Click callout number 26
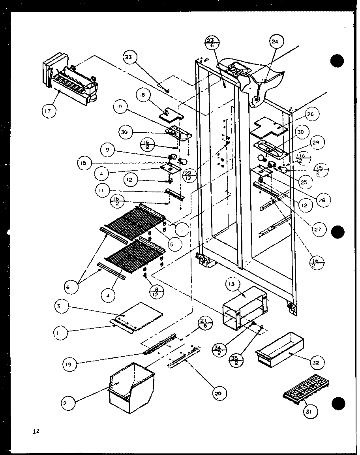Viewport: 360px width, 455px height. (x=309, y=115)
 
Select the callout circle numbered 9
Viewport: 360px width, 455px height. (x=107, y=150)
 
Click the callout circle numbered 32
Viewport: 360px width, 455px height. (x=317, y=362)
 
